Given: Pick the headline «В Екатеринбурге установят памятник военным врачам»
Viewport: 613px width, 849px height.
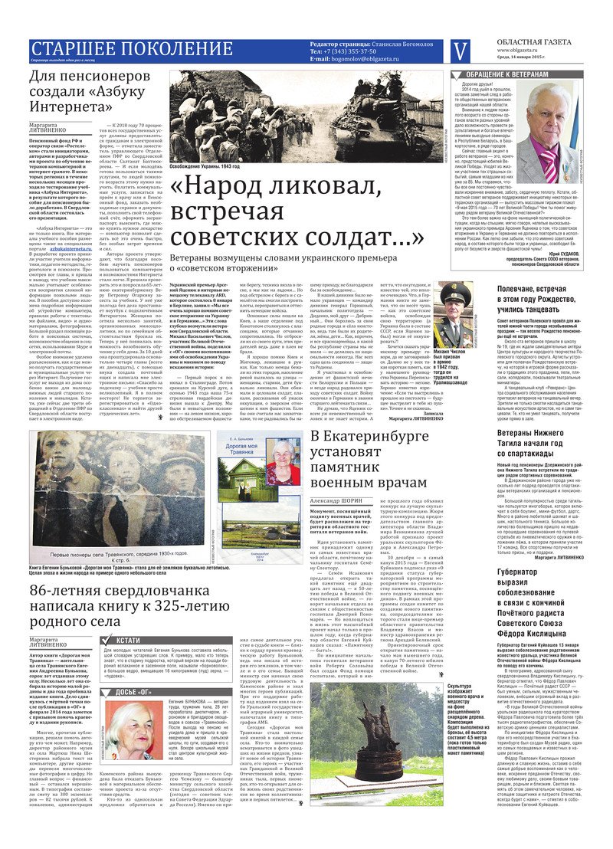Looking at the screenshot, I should (x=375, y=459).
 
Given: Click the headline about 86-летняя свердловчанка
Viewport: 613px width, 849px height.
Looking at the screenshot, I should (x=129, y=624).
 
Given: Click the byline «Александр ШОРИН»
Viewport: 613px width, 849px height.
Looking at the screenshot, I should (x=338, y=500).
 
